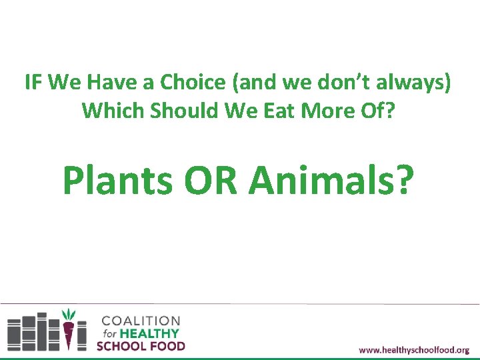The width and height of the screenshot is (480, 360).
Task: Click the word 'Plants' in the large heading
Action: [116, 180]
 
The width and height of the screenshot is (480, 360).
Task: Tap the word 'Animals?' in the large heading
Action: [332, 180]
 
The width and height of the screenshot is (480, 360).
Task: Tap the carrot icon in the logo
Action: [68, 327]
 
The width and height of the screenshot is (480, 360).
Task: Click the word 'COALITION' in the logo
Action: [141, 321]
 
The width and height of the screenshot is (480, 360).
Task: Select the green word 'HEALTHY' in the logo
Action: [151, 333]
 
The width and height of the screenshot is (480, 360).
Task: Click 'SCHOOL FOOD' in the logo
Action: [141, 345]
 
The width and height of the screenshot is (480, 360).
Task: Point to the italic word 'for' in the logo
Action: [109, 333]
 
